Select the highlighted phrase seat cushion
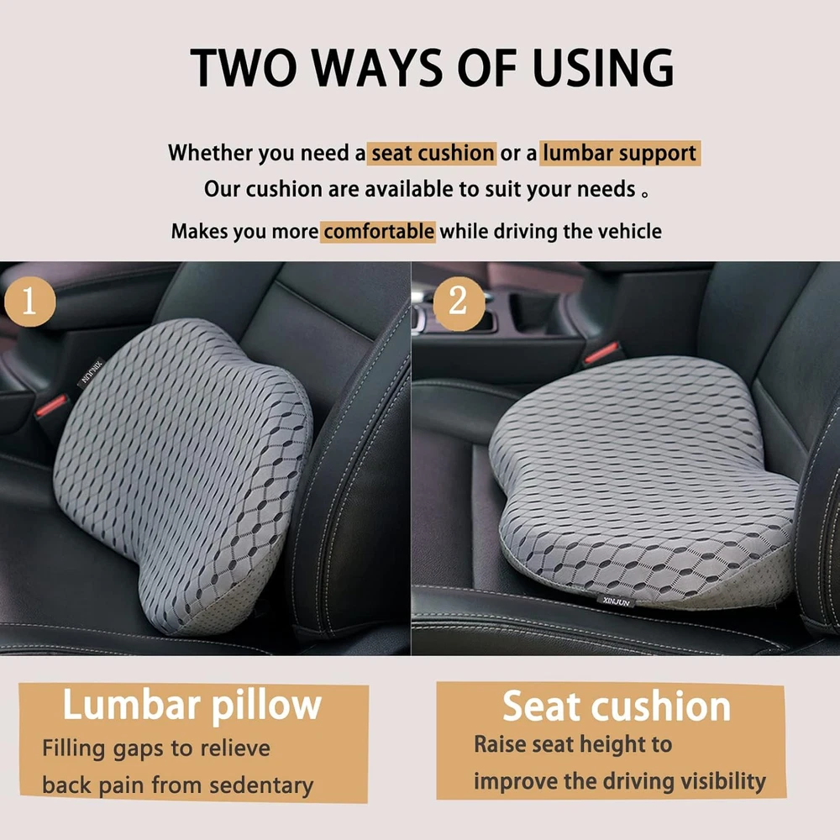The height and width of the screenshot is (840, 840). [x=433, y=153]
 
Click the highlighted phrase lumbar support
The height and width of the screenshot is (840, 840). [x=620, y=154]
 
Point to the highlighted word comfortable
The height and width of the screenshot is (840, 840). [x=378, y=232]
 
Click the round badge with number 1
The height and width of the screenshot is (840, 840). [x=29, y=302]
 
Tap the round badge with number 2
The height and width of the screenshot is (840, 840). [x=459, y=302]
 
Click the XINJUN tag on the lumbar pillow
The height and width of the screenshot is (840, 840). [x=91, y=372]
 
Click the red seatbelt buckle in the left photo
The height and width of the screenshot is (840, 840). [x=51, y=406]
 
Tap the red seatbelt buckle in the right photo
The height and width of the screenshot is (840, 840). [x=601, y=353]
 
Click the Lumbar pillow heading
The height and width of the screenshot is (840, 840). [x=192, y=705]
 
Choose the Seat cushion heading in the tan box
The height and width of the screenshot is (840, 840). [x=616, y=706]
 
